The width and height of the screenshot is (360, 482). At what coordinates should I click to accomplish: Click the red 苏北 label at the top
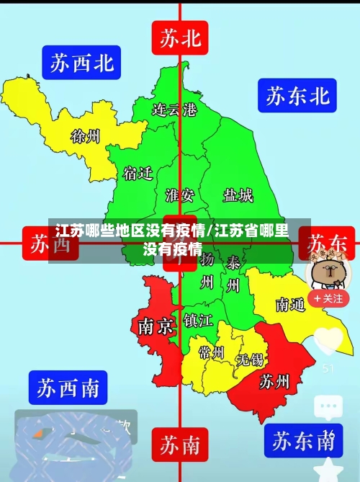click(x=180, y=37)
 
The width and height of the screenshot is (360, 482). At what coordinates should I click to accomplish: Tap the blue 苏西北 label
click(x=81, y=63)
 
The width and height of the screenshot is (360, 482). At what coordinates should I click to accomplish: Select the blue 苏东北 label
click(x=298, y=95)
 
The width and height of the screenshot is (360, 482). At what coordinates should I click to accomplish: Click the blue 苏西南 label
click(x=68, y=388)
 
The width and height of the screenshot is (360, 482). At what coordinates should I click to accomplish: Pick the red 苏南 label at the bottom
click(x=180, y=445)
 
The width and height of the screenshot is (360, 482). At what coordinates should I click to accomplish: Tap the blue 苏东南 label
click(x=302, y=439)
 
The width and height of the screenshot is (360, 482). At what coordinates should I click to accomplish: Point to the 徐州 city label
click(x=85, y=135)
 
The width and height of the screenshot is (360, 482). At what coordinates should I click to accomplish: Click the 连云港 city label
click(x=174, y=110)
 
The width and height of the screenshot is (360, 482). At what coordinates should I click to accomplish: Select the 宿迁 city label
click(x=138, y=174)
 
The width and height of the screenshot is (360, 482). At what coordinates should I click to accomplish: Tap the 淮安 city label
click(x=179, y=195)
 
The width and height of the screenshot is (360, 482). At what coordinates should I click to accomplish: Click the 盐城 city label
click(x=238, y=195)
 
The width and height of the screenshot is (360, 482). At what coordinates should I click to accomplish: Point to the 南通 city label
click(x=290, y=305)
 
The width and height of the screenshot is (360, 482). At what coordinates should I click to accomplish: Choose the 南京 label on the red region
click(x=155, y=326)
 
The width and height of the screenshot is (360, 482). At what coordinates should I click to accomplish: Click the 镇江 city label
click(x=197, y=319)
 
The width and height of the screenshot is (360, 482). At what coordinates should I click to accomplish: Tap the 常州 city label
click(x=212, y=352)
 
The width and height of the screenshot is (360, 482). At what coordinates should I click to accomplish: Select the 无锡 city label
click(x=251, y=358)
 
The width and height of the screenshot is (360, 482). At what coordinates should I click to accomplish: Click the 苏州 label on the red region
click(x=274, y=380)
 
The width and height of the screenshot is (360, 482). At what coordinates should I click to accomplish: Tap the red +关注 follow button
click(x=328, y=298)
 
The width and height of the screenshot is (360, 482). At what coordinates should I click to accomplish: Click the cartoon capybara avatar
click(x=328, y=271)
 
